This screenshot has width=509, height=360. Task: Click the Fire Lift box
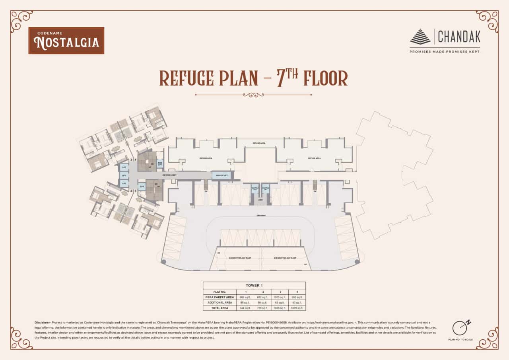[x=160, y=163]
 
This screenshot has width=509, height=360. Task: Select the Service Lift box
[x=221, y=175]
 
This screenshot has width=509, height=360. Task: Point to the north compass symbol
[x=459, y=327]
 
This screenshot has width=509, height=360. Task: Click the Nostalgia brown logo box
[x=66, y=41]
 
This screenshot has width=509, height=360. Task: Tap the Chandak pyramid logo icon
[x=420, y=37]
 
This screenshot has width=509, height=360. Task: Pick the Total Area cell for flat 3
[x=280, y=308]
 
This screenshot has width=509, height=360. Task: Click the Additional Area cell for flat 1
[x=245, y=303]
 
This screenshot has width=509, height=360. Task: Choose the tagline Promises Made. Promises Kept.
[x=445, y=52]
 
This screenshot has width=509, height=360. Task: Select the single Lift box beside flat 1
[x=142, y=186]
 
